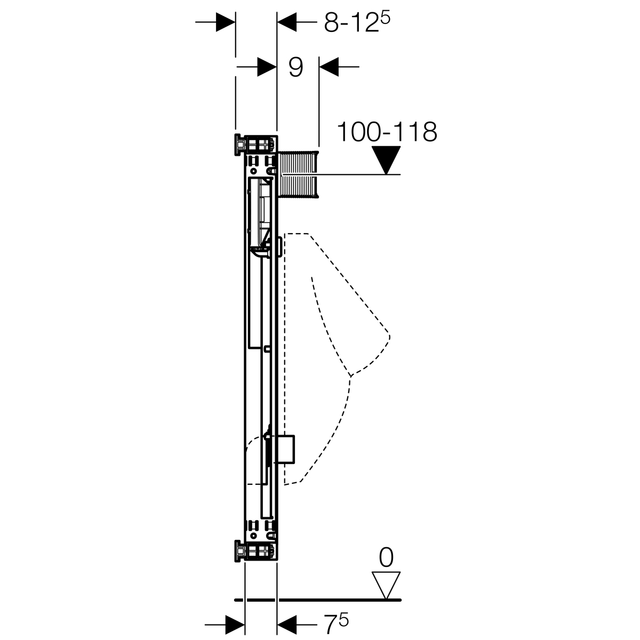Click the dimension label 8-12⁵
[x=357, y=22]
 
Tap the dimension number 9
[x=295, y=67]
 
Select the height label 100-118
[x=387, y=132]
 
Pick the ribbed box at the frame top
[x=298, y=174]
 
